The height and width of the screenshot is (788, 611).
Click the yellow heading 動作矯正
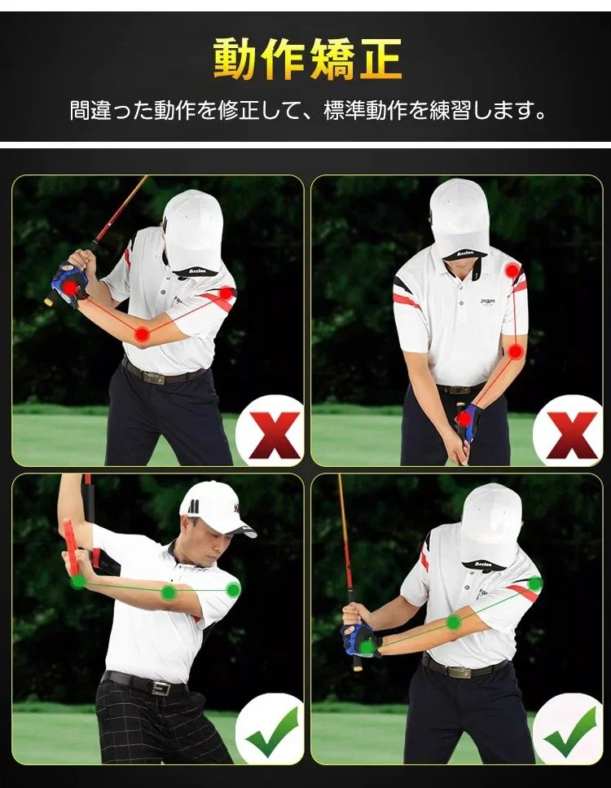pyautogui.click(x=307, y=59)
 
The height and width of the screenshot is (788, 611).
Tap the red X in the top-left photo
pyautogui.click(x=275, y=434)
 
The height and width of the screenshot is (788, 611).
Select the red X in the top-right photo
pyautogui.click(x=572, y=434)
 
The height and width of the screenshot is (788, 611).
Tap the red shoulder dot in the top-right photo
pyautogui.click(x=512, y=271)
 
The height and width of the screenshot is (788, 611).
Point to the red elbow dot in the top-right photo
pyautogui.click(x=515, y=352)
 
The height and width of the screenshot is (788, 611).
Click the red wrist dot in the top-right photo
pyautogui.click(x=464, y=418)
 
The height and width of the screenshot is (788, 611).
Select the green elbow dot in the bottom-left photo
pyautogui.click(x=169, y=592)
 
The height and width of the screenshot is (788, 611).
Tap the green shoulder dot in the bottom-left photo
pyautogui.click(x=233, y=590)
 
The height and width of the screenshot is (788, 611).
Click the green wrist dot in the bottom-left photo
pyautogui.click(x=78, y=582)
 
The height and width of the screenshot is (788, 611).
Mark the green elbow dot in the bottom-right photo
pyautogui.click(x=454, y=622)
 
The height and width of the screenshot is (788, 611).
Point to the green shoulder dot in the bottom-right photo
pyautogui.click(x=535, y=584)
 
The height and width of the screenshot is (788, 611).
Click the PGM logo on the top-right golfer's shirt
pyautogui.click(x=487, y=302)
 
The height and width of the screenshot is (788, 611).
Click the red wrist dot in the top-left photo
pyautogui.click(x=70, y=288)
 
